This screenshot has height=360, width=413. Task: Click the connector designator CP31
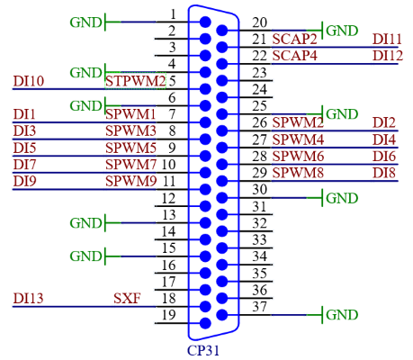pos(203,350)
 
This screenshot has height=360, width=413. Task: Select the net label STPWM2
pos(136,81)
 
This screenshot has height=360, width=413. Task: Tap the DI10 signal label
pos(29,81)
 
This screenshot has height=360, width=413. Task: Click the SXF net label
pos(127,298)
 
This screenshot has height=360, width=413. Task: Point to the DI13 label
pos(29,298)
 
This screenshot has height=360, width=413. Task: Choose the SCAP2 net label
pos(294,40)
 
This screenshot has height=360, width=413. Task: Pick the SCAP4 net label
pos(294,56)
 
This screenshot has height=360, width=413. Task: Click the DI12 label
pos(388,56)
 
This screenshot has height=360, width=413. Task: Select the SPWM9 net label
pos(131,181)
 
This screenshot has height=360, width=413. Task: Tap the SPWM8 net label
pos(298,173)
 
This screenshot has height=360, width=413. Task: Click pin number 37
pos(259,307)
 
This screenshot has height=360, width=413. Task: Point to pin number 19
pos(168,315)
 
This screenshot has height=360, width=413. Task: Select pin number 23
pos(259,73)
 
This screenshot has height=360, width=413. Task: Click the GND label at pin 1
pos(85,22)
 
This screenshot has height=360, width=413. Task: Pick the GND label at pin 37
pos(342,315)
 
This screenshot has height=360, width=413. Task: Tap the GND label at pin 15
pos(85,256)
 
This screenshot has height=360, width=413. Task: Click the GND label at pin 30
pos(342,198)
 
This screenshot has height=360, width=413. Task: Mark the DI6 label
pos(384,157)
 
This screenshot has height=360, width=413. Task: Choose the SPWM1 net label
pos(130,114)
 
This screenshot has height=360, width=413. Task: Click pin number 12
pos(168,199)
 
